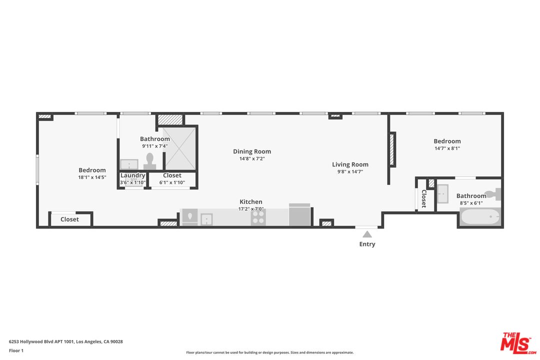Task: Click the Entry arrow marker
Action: [x=367, y=233]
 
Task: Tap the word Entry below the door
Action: [x=367, y=244]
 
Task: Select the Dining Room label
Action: [x=252, y=151]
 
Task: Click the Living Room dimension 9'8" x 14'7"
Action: [x=350, y=171]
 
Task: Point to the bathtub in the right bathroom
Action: [x=479, y=217]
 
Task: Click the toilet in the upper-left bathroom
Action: [x=149, y=160]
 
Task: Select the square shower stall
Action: [x=180, y=147]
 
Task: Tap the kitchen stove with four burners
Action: [x=258, y=217]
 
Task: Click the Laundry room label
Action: [x=132, y=175]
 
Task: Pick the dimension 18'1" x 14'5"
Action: [x=92, y=177]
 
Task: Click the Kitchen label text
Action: [x=250, y=202]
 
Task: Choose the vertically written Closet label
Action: [x=423, y=198]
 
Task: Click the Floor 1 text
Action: [x=16, y=350]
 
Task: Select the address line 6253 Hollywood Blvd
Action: [x=65, y=342]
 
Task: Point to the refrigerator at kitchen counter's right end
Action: [x=299, y=215]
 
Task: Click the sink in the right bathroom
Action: [x=443, y=193]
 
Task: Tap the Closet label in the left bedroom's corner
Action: [x=69, y=219]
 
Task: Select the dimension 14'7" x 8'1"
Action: [x=447, y=148]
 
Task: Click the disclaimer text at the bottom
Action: [x=269, y=352]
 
